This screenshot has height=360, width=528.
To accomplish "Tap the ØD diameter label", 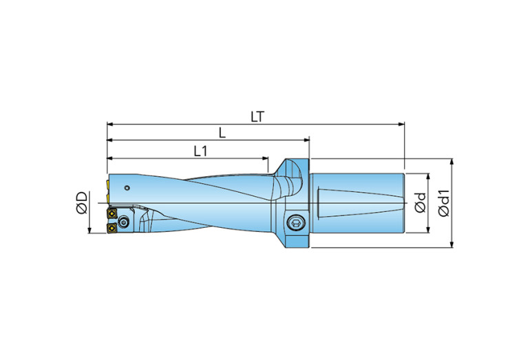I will pyautogui.click(x=82, y=203).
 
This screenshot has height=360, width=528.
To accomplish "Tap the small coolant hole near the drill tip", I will pyautogui.click(x=127, y=187).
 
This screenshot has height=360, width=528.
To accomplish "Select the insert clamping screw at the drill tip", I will pyautogui.click(x=123, y=222).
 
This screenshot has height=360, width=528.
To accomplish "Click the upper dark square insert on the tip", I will pyautogui.click(x=110, y=213).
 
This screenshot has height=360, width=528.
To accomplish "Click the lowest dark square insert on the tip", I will pyautogui.click(x=110, y=227).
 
